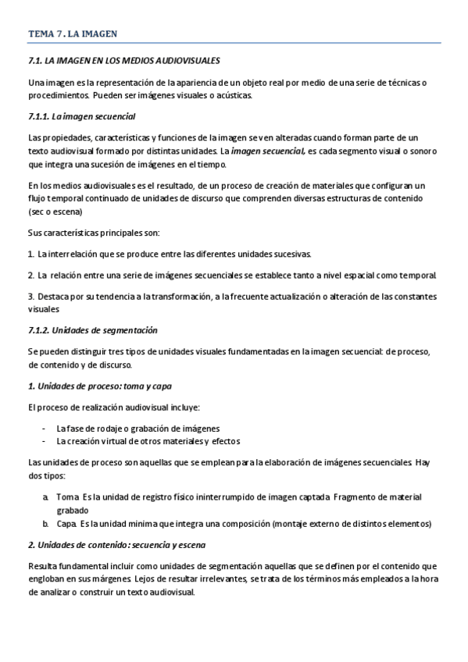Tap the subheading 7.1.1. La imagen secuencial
[81, 117]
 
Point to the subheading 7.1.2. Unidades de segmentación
[92, 330]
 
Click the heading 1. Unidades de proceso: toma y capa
[99, 386]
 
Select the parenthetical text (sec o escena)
[55, 212]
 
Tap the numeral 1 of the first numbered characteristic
[30, 254]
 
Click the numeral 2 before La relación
[30, 276]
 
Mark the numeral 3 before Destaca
[30, 297]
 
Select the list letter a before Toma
[46, 497]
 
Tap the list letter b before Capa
[46, 522]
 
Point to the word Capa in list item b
[67, 522]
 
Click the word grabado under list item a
[73, 510]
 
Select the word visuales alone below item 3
[44, 309]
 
